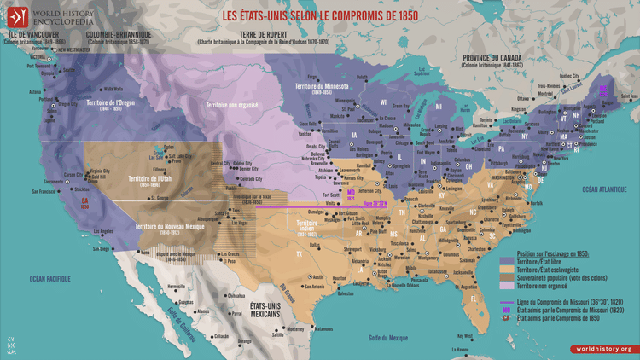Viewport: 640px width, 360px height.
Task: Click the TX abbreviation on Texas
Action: [299, 253]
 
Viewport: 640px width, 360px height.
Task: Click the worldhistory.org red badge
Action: [602, 348]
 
